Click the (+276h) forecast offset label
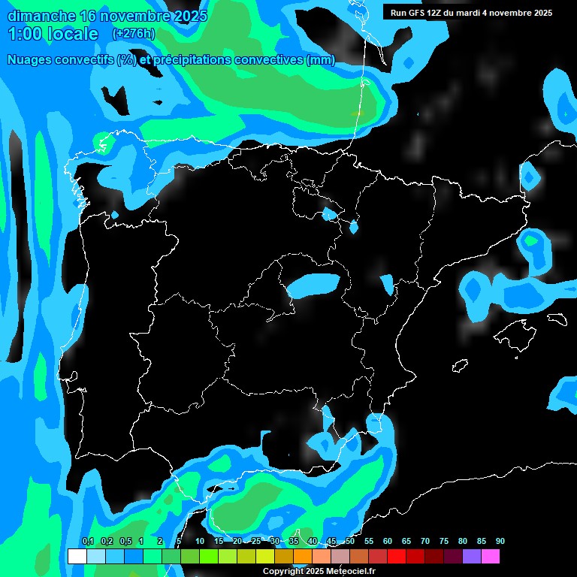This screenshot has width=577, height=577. [x=134, y=33]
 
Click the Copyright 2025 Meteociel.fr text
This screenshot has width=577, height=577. [x=319, y=571]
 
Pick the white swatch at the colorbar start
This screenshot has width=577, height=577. [x=77, y=557]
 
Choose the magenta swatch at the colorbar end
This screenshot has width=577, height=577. [x=491, y=557]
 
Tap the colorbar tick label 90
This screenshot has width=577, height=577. [x=500, y=541]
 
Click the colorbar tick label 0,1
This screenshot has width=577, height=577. [x=88, y=541]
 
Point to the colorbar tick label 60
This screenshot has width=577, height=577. [x=387, y=541]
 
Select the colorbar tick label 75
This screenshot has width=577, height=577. [x=443, y=541]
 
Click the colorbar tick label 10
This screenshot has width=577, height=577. [x=199, y=541]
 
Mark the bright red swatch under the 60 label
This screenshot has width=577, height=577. [x=396, y=557]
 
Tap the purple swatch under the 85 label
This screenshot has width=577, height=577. [x=472, y=557]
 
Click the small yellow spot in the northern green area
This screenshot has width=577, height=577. [x=357, y=113]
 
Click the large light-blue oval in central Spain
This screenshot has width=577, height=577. [x=314, y=284]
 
